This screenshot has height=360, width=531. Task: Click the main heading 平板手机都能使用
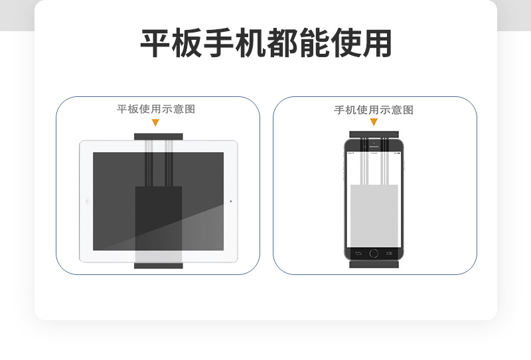pyautogui.click(x=265, y=43)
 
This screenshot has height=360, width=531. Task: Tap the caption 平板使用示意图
pyautogui.click(x=156, y=109)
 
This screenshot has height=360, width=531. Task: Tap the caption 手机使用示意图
pyautogui.click(x=374, y=110)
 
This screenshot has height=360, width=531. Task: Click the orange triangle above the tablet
pyautogui.click(x=155, y=123)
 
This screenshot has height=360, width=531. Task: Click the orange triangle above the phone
pyautogui.click(x=374, y=122)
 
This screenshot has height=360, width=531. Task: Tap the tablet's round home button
pyautogui.click(x=86, y=201)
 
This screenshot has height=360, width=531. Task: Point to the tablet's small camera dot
pyautogui.click(x=230, y=201)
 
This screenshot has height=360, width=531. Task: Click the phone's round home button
pyautogui.click(x=374, y=253)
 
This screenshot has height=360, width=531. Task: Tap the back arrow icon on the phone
pyautogui.click(x=358, y=253)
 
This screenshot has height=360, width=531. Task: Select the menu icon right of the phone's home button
pyautogui.click(x=390, y=253)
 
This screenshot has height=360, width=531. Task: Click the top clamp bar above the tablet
pyautogui.click(x=158, y=136)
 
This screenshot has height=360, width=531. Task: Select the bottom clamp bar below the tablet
pyautogui.click(x=158, y=266)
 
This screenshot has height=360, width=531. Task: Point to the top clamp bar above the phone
pyautogui.click(x=374, y=134)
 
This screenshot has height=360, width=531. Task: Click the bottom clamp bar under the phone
pyautogui.click(x=374, y=264)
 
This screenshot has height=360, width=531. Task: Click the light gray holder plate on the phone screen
pyautogui.click(x=374, y=213)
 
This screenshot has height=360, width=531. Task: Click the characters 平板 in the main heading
pyautogui.click(x=165, y=43)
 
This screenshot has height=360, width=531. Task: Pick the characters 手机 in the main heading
pyautogui.click(x=228, y=43)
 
